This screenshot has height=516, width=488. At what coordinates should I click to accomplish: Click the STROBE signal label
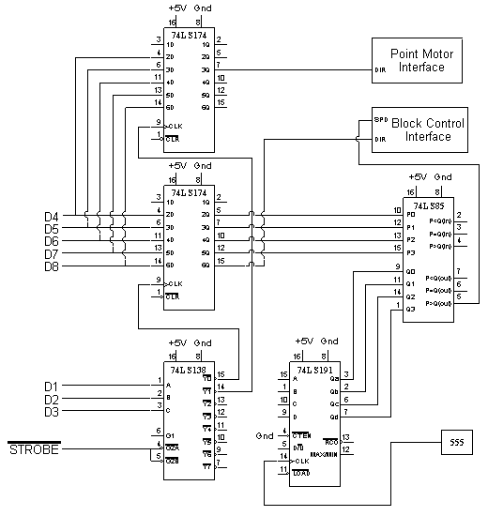click(34, 451)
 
